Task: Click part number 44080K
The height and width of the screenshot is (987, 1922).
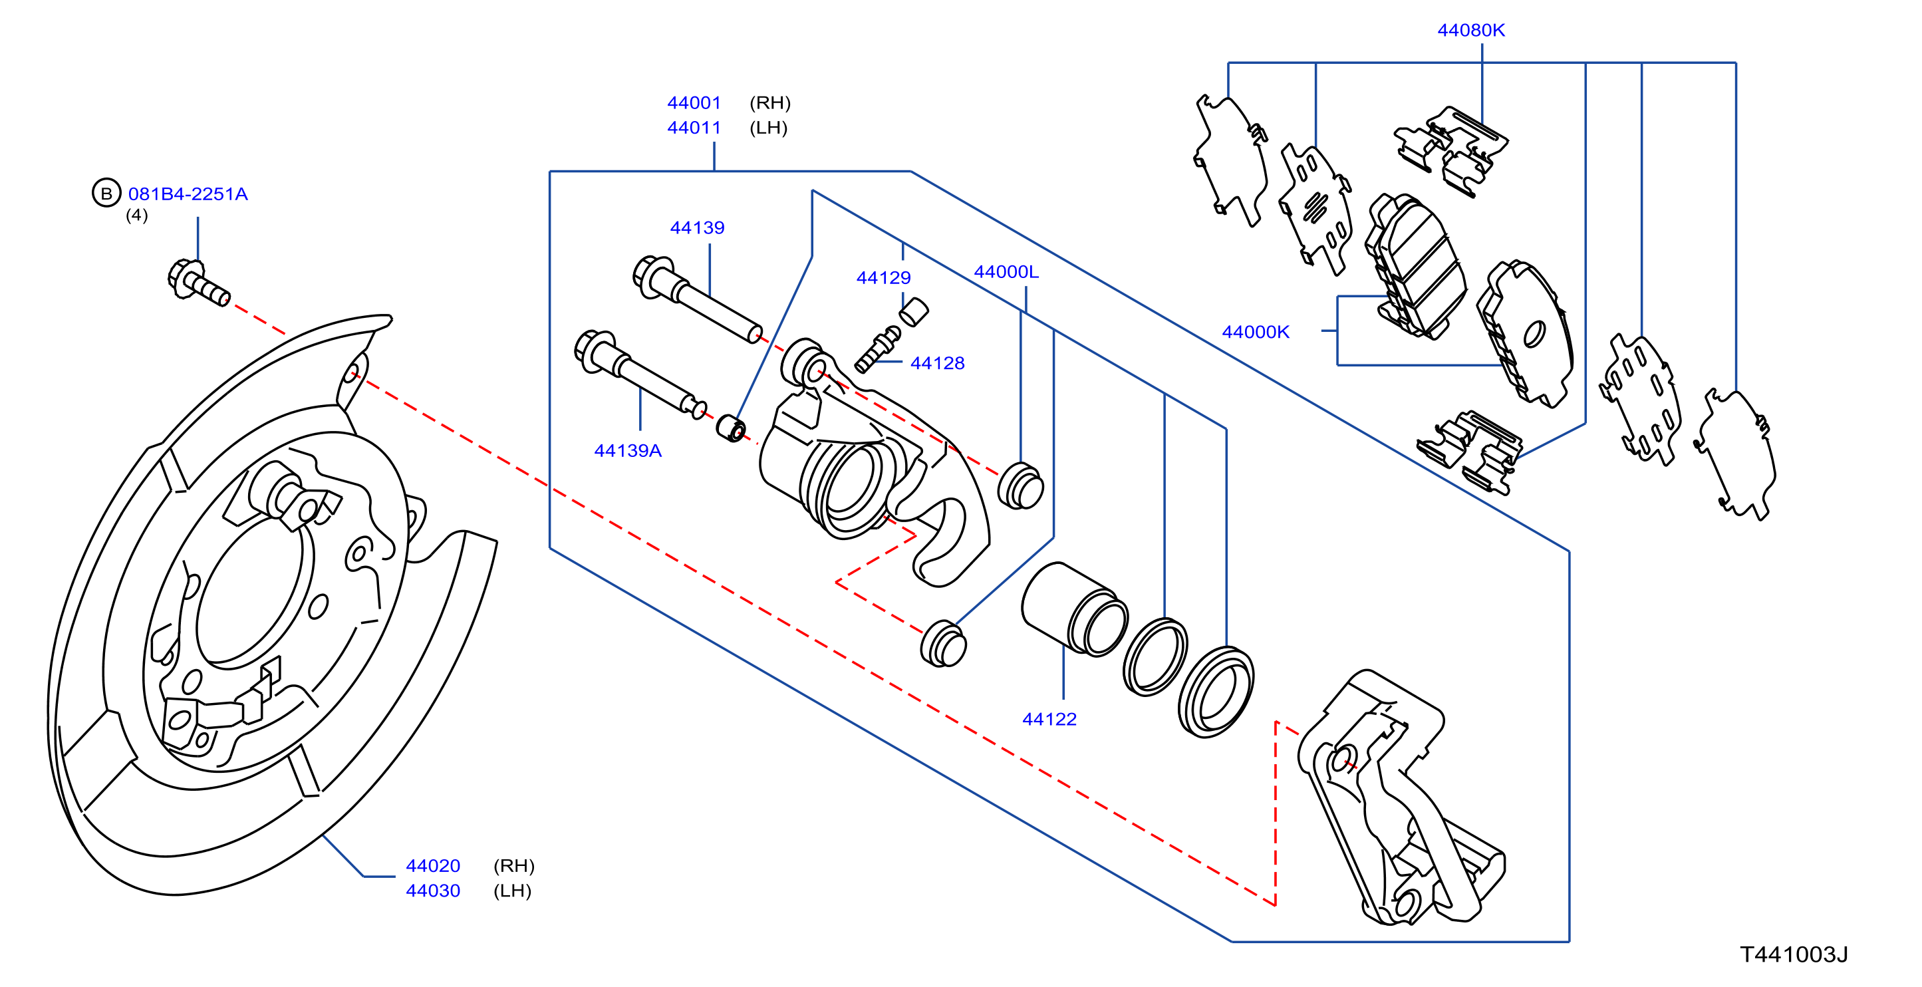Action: [x=1470, y=31]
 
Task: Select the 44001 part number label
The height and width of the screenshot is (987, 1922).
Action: [x=694, y=103]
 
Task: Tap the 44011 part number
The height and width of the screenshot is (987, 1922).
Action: [x=694, y=128]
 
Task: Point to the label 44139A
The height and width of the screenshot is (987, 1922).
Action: [x=628, y=451]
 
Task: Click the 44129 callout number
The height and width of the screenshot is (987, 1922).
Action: [x=883, y=277]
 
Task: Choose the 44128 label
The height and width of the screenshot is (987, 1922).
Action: [x=937, y=363]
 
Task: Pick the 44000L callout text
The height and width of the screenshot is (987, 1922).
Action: [x=1006, y=272]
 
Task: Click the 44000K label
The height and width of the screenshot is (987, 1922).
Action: [x=1256, y=332]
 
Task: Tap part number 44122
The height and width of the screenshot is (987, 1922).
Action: [x=1049, y=719]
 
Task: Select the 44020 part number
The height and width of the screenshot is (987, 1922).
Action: [x=433, y=866]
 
